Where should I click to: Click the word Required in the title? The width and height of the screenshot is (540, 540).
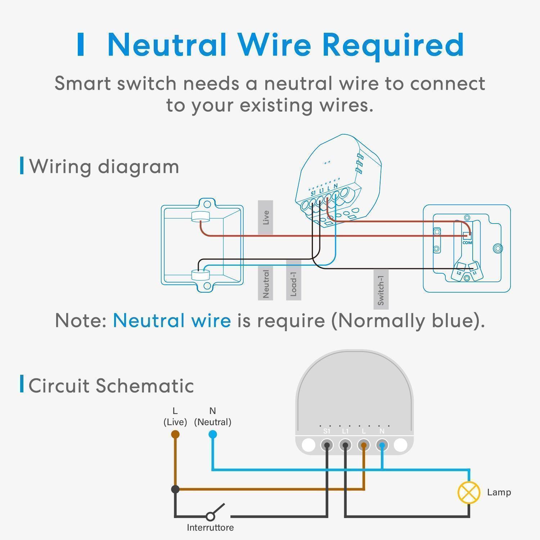tap(392, 45)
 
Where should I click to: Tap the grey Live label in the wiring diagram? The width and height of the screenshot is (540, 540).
tap(265, 217)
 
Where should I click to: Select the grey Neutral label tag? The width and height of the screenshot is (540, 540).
tap(265, 283)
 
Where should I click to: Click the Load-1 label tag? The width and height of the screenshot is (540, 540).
tap(293, 280)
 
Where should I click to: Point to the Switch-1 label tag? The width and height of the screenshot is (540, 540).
tap(381, 289)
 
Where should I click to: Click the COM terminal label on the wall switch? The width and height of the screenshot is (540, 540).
tap(467, 243)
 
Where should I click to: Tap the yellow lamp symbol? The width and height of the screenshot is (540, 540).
tap(469, 492)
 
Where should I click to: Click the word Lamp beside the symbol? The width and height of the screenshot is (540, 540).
tap(499, 492)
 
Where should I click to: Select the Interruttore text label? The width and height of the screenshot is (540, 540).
tap(210, 527)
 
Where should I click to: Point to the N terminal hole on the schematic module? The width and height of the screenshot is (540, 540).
tap(382, 445)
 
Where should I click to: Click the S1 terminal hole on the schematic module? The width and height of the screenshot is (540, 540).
tap(327, 445)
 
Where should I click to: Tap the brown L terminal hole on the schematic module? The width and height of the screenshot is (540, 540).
tap(364, 445)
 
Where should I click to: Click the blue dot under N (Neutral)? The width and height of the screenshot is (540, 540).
tap(212, 434)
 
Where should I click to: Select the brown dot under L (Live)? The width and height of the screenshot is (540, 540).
tap(175, 434)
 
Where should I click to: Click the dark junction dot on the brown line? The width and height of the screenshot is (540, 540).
tap(175, 489)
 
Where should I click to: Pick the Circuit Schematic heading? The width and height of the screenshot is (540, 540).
tap(111, 385)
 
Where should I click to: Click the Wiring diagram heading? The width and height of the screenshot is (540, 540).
tap(104, 166)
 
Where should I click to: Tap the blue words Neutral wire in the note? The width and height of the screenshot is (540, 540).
tap(172, 320)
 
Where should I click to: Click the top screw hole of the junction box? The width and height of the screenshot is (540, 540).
tap(207, 204)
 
